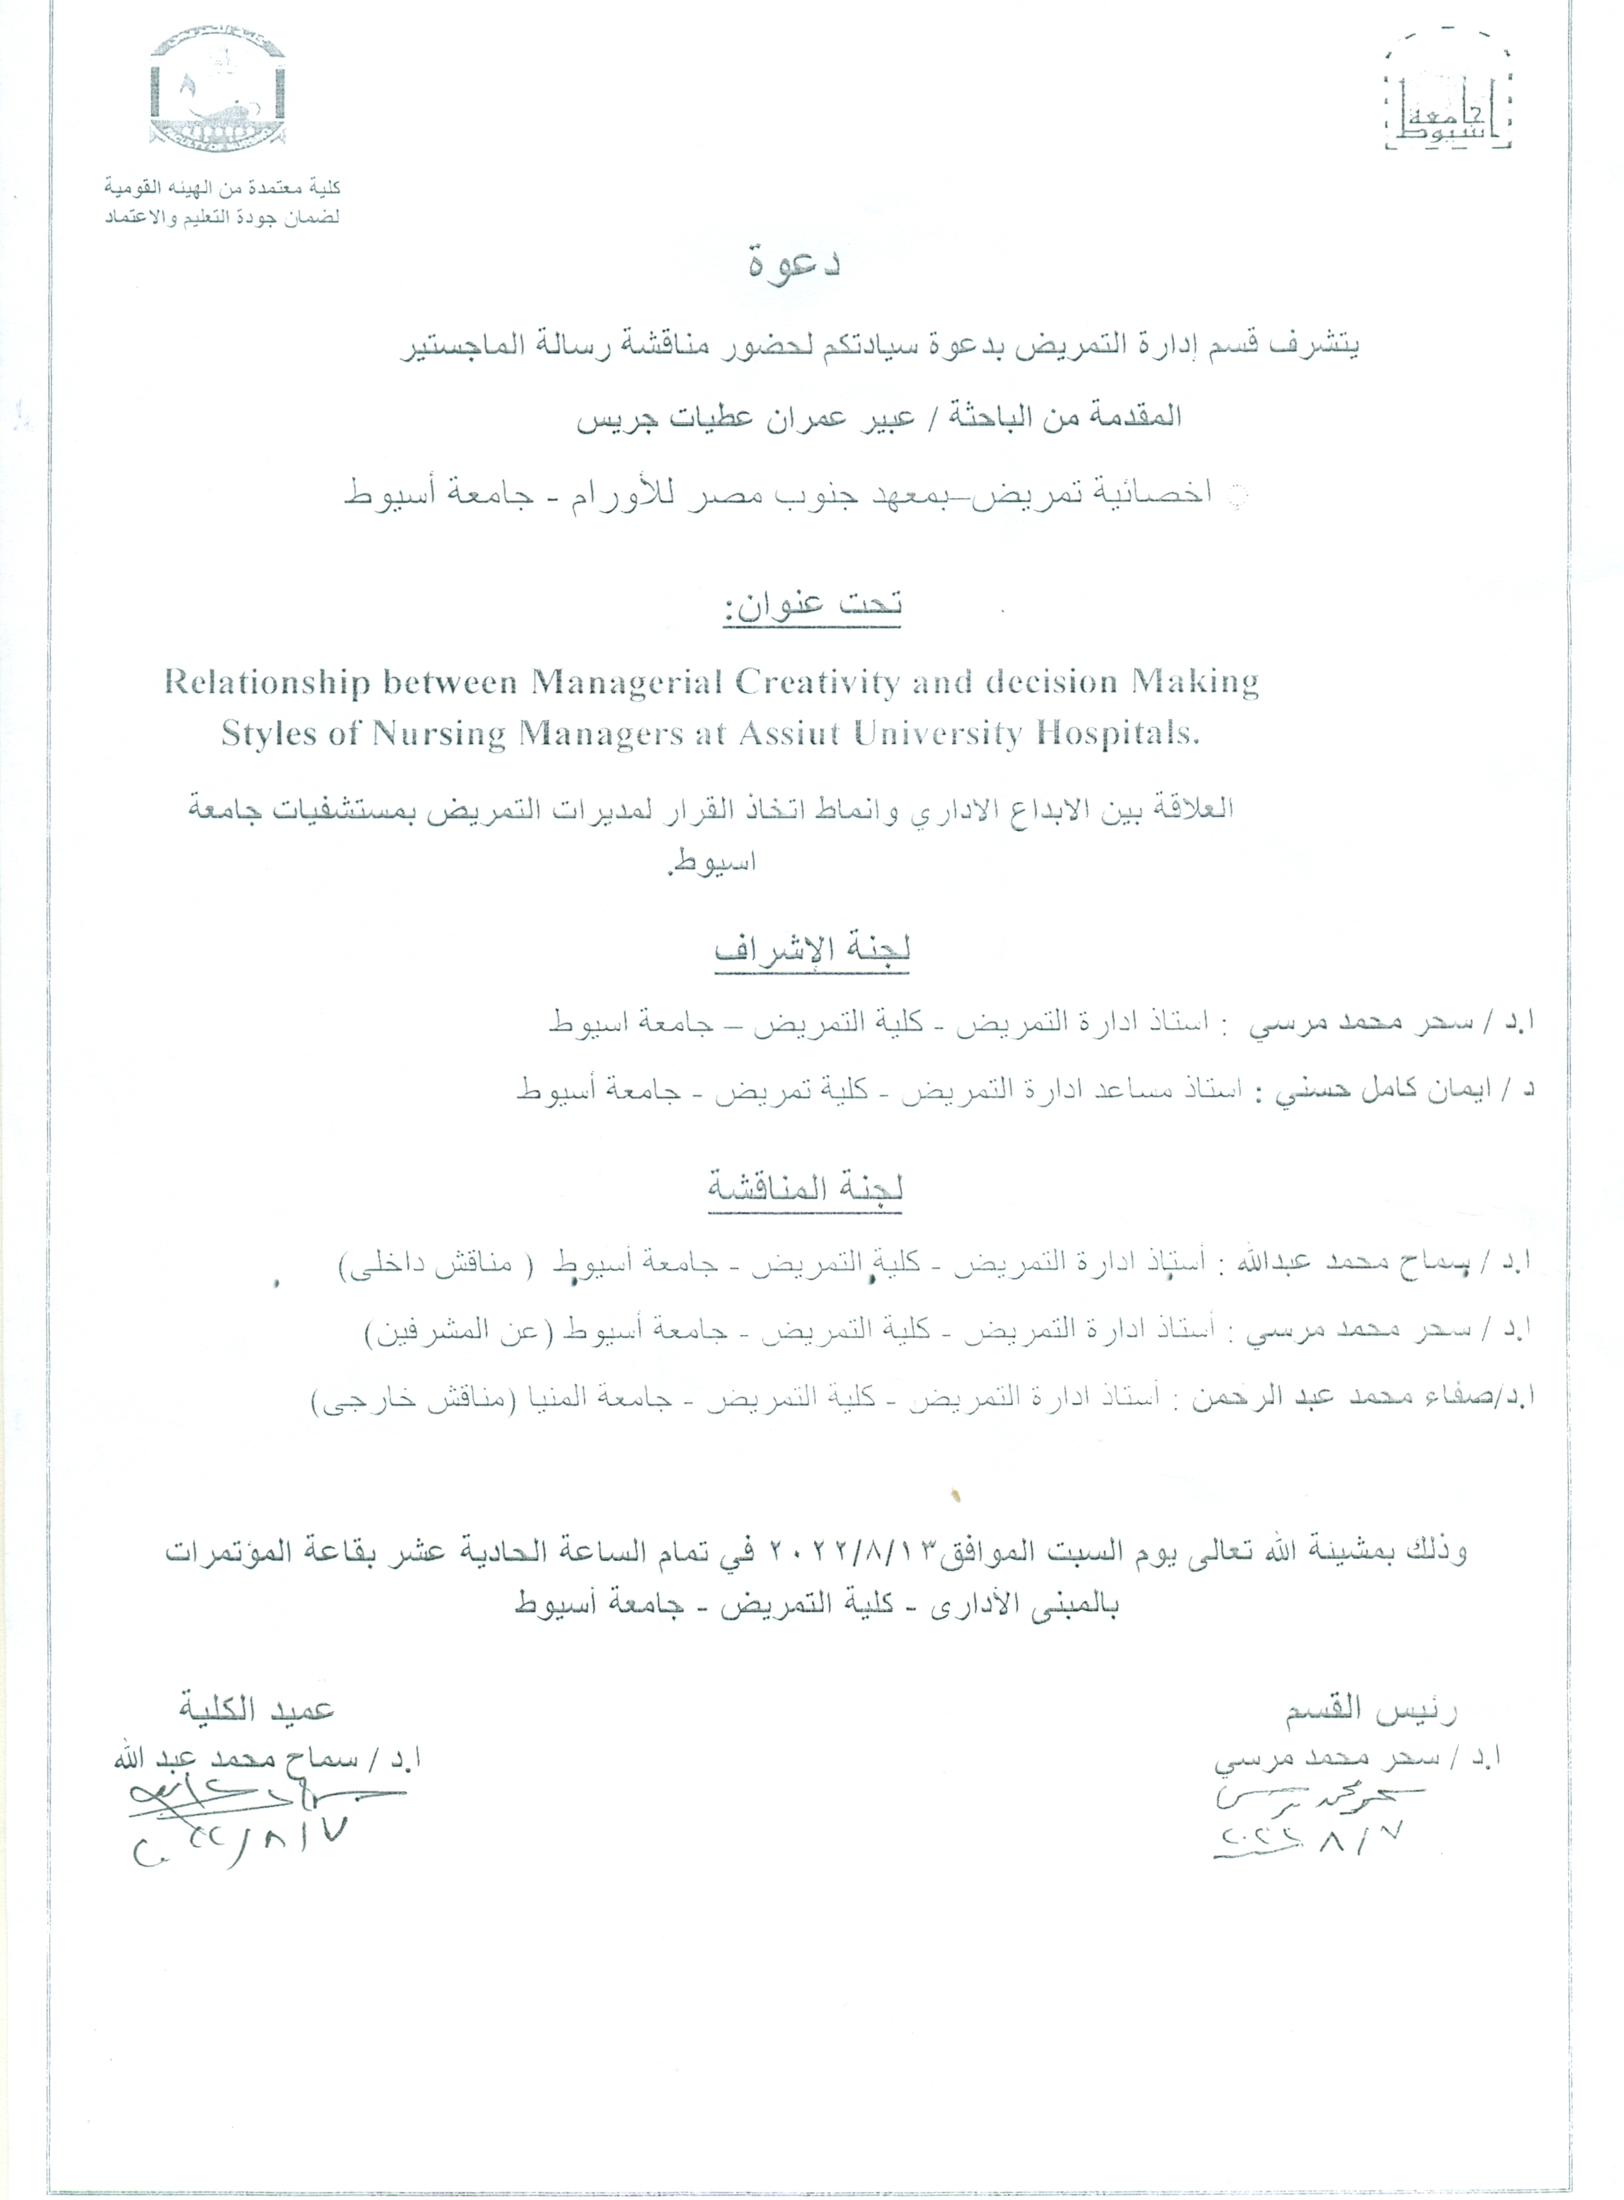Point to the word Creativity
[814, 683]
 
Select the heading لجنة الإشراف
[812, 950]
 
